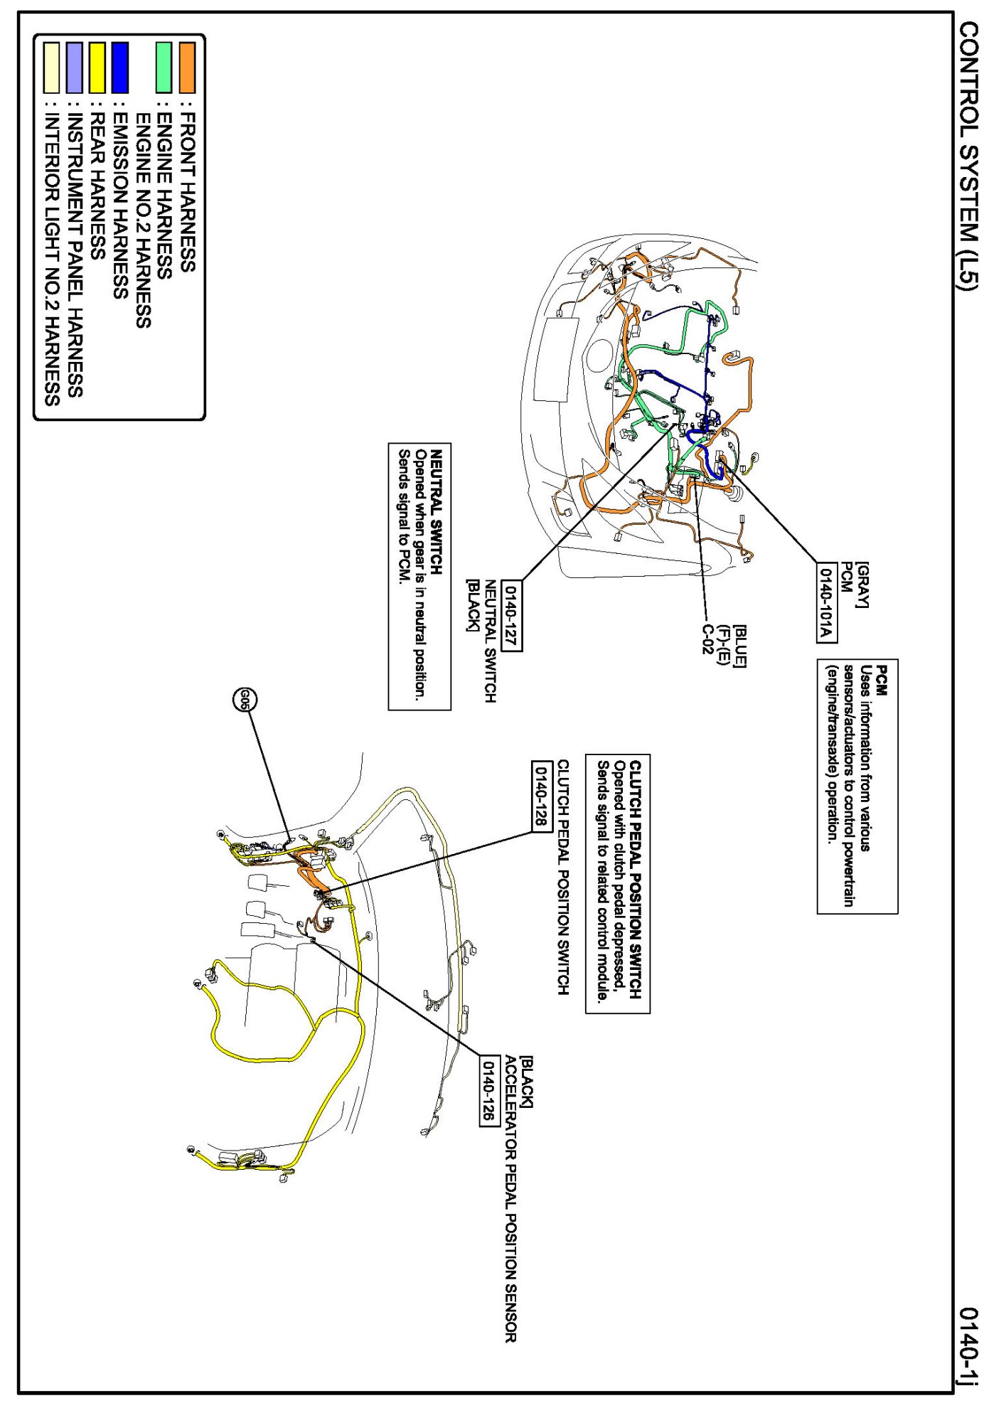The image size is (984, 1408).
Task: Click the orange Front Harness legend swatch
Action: click(x=187, y=68)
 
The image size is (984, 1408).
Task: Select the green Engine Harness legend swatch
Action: click(x=164, y=68)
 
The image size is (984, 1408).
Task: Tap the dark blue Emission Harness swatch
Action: click(x=120, y=68)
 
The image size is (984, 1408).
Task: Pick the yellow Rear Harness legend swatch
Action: click(x=97, y=68)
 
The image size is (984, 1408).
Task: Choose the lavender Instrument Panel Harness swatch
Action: click(x=75, y=68)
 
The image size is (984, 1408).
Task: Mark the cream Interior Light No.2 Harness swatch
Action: click(x=52, y=68)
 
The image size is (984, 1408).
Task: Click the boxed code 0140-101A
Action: click(x=825, y=602)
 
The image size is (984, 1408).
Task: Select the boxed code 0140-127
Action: click(x=512, y=616)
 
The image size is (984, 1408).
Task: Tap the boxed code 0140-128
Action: click(x=542, y=795)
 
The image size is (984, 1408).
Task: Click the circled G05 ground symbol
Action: click(x=245, y=700)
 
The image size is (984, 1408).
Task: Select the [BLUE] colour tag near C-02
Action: click(x=740, y=646)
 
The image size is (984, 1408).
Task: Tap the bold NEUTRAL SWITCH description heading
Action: click(x=437, y=511)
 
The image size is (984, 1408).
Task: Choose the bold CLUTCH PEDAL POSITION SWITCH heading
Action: click(x=636, y=880)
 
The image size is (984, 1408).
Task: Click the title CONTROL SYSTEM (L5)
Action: click(x=968, y=154)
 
